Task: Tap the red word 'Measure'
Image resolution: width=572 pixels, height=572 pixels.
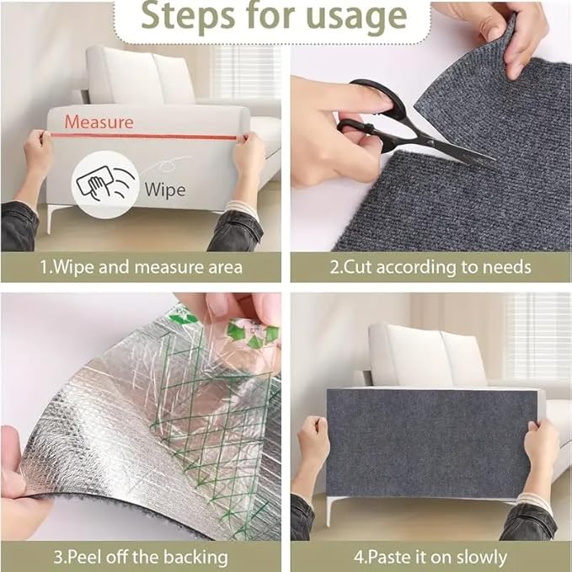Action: [x=99, y=122]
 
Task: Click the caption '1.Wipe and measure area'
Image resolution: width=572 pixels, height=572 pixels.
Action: [x=142, y=267]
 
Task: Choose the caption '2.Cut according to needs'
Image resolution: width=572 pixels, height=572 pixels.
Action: [x=430, y=267]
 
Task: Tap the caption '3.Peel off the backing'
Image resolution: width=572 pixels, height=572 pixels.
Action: [x=142, y=556]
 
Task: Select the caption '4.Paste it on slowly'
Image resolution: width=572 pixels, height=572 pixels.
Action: [x=430, y=556]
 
